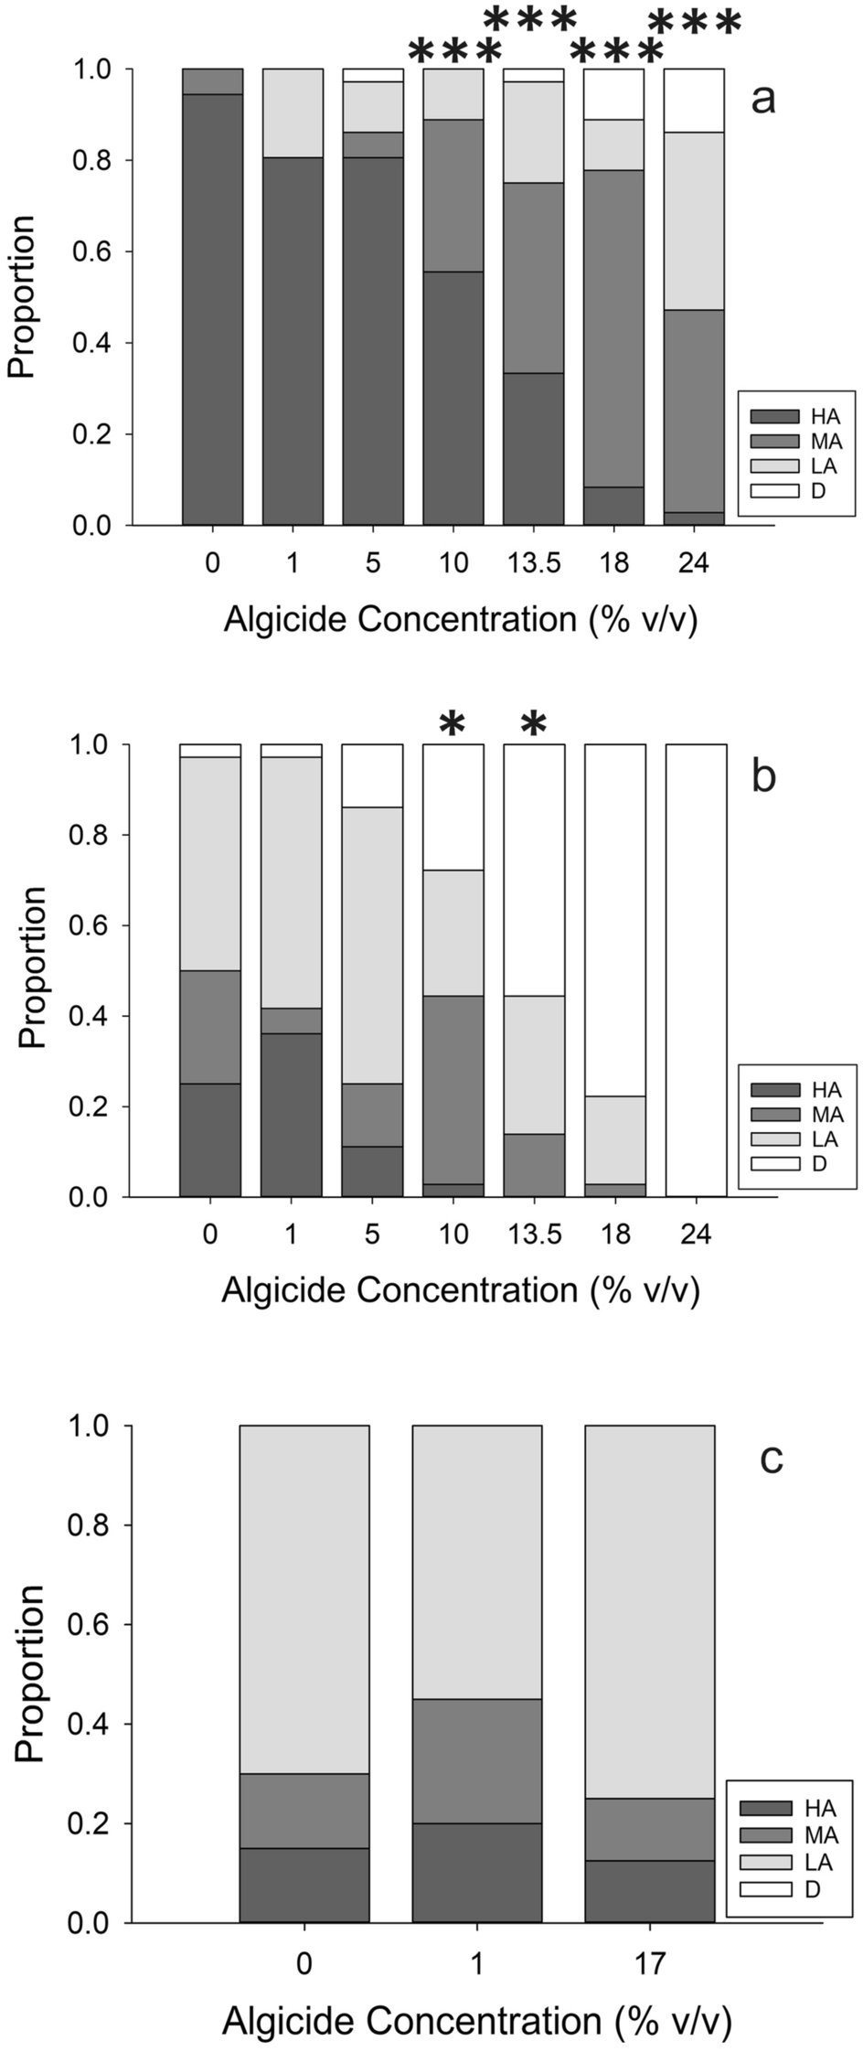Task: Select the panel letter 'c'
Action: pyautogui.click(x=772, y=1459)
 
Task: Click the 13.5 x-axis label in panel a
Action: pyautogui.click(x=534, y=562)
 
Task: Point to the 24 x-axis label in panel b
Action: pyautogui.click(x=695, y=1234)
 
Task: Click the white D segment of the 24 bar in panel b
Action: pyautogui.click(x=696, y=969)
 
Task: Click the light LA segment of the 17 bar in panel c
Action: pyautogui.click(x=649, y=1609)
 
